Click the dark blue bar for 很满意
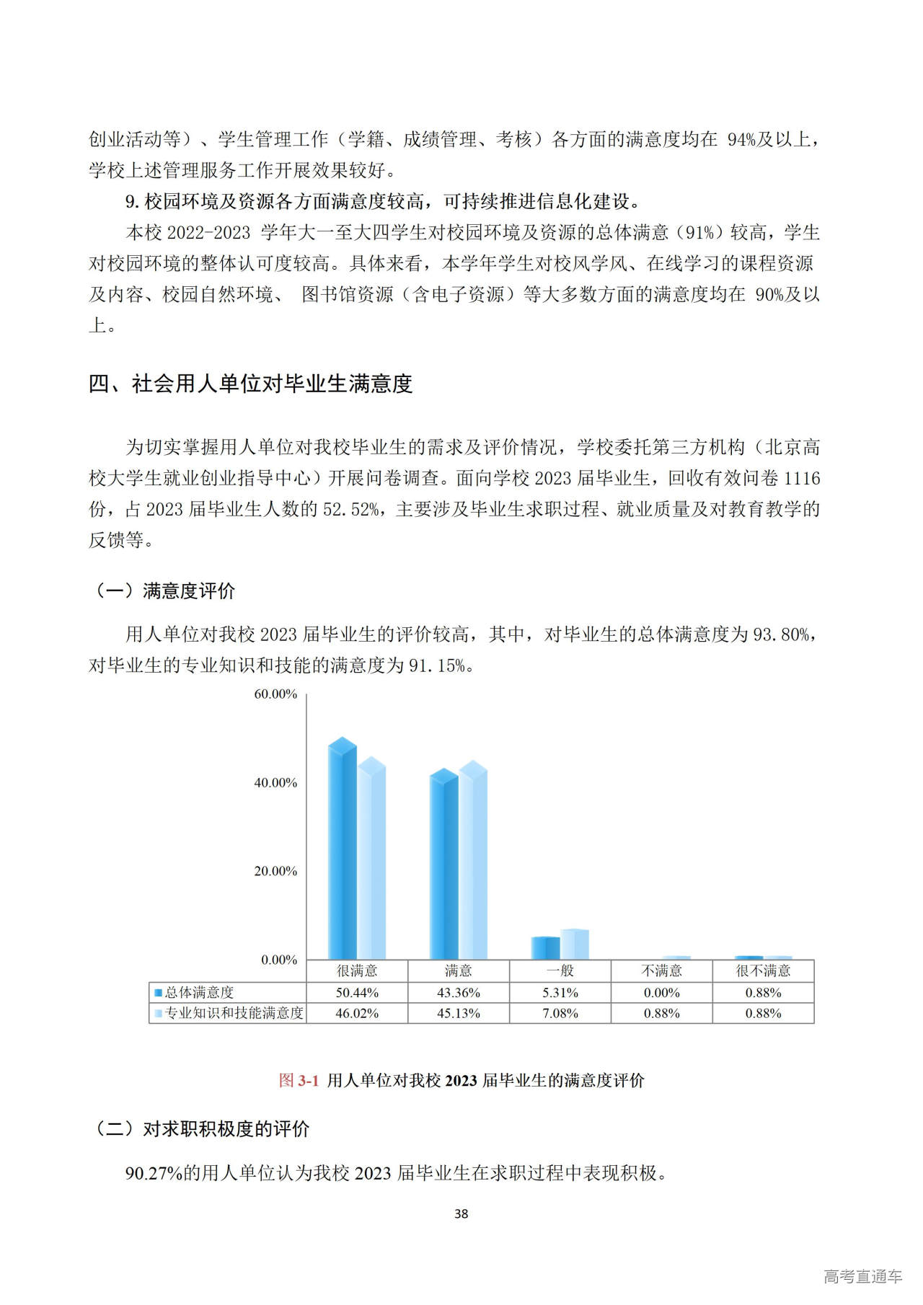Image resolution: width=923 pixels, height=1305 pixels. [343, 851]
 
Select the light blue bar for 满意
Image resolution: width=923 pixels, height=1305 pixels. [473, 862]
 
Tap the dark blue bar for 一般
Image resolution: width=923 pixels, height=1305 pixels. [545, 947]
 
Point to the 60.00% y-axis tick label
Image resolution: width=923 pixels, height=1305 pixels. [275, 694]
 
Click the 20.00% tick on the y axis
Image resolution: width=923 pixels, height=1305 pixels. [275, 871]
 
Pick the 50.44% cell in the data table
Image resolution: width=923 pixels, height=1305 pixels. [357, 993]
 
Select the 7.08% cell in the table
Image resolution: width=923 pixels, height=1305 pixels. [560, 1013]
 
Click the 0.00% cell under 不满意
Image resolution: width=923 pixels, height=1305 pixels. [661, 993]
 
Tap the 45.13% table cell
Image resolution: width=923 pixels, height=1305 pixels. [459, 1013]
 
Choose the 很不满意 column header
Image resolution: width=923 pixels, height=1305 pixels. [763, 971]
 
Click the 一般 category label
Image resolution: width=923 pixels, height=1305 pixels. [560, 971]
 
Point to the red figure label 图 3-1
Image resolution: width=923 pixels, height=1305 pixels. [299, 1080]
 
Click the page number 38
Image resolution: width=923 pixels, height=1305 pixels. [461, 1214]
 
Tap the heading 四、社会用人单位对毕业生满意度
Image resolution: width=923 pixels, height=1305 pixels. [250, 384]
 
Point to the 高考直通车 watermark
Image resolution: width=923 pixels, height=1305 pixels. [862, 1277]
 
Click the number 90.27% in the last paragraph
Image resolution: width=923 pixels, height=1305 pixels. [154, 1174]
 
